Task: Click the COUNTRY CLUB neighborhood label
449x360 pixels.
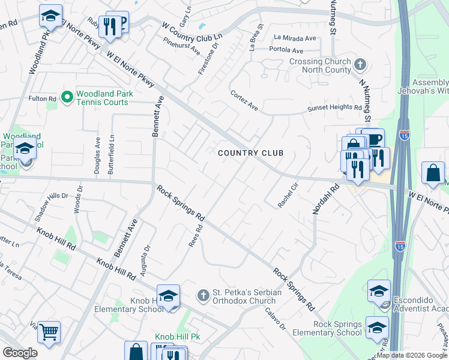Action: click(250, 154)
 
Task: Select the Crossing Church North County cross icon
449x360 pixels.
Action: click(360, 64)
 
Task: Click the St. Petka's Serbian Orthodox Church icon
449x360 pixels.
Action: click(203, 295)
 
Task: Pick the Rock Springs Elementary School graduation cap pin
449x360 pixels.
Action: click(377, 327)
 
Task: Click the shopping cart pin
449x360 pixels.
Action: click(49, 331)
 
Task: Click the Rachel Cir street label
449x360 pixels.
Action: click(288, 196)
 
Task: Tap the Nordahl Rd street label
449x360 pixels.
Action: click(322, 199)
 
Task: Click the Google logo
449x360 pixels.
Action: click(20, 353)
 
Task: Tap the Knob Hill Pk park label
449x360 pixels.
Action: click(178, 337)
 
